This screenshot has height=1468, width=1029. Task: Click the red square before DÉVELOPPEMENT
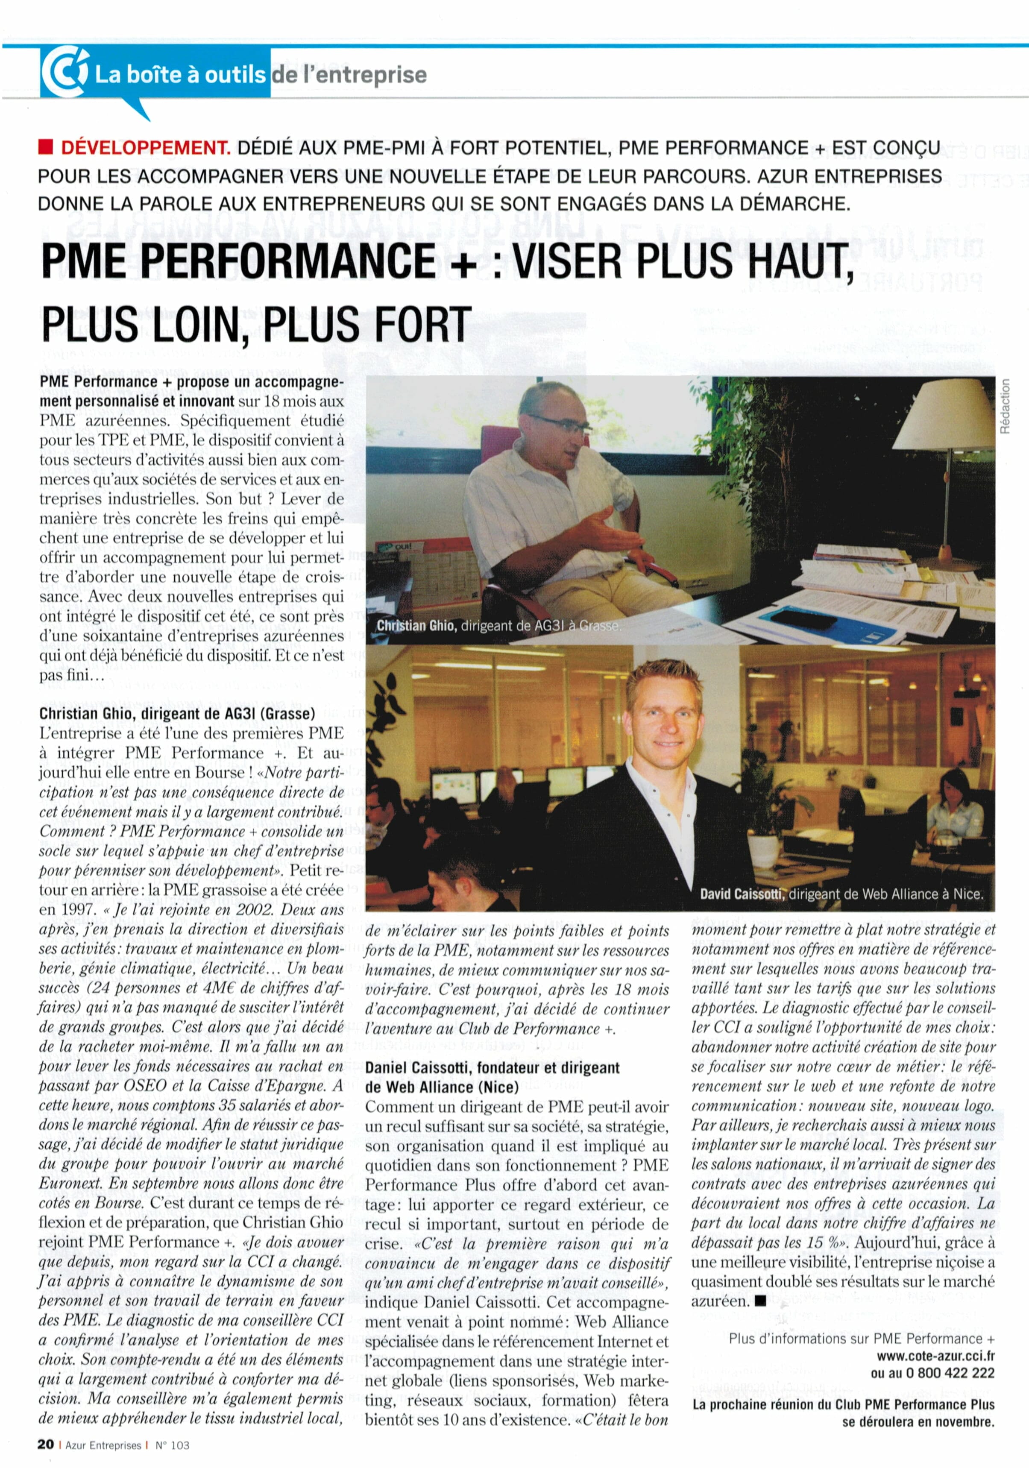tap(45, 148)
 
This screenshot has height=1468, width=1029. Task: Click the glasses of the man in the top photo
tap(560, 424)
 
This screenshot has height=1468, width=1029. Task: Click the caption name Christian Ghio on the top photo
tap(416, 625)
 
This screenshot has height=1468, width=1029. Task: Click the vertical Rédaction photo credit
tap(1006, 406)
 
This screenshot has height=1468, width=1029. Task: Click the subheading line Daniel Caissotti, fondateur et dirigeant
tap(492, 1068)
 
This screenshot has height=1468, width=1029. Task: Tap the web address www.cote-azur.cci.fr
tap(935, 1356)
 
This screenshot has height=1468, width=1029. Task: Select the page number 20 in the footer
tap(45, 1445)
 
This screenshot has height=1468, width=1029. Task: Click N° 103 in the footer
tap(173, 1445)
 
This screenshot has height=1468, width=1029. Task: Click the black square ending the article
tap(760, 1301)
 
